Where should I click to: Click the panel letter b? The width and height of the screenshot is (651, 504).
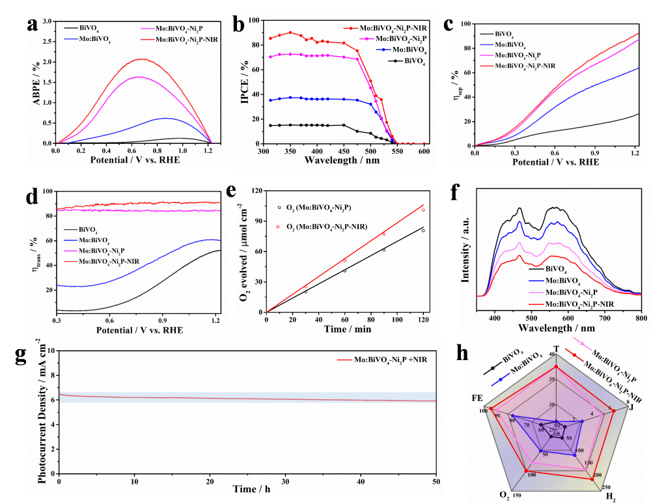click(238, 26)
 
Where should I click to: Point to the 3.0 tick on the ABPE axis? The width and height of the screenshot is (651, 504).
click(48, 21)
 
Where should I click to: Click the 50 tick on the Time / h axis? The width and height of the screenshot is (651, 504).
click(436, 480)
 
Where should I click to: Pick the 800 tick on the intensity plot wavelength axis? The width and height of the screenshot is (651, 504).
click(641, 319)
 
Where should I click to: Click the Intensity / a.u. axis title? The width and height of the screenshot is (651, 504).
click(466, 251)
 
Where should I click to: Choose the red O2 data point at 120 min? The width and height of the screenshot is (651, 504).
click(423, 210)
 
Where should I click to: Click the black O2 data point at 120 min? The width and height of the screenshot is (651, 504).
click(423, 230)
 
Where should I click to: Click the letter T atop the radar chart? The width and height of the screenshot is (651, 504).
click(556, 348)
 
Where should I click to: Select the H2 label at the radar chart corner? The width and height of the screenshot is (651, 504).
click(611, 496)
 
